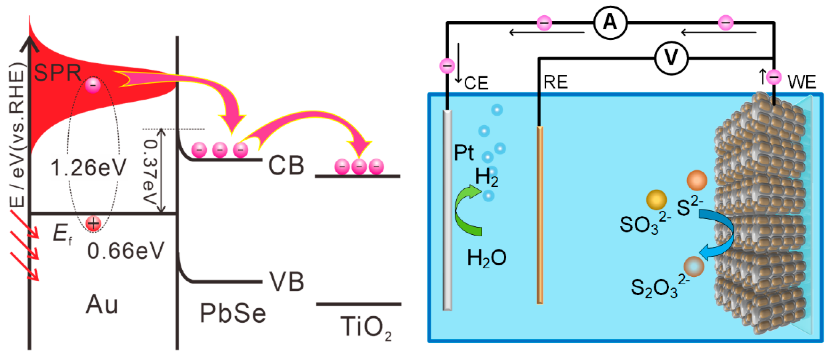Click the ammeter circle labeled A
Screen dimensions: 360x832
(x=610, y=23)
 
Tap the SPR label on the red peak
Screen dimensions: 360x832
(x=58, y=73)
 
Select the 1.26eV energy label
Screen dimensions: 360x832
(x=88, y=168)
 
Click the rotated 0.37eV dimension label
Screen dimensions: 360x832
(x=150, y=171)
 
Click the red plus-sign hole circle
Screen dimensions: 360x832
(x=93, y=223)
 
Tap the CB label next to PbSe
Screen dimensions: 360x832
(x=286, y=165)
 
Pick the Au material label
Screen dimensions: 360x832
(x=102, y=305)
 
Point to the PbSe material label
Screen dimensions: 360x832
(x=233, y=313)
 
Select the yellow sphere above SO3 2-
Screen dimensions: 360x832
(x=656, y=200)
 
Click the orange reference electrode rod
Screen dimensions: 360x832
(x=540, y=215)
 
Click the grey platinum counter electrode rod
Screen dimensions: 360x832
(x=447, y=210)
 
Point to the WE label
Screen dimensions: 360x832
(x=802, y=82)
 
